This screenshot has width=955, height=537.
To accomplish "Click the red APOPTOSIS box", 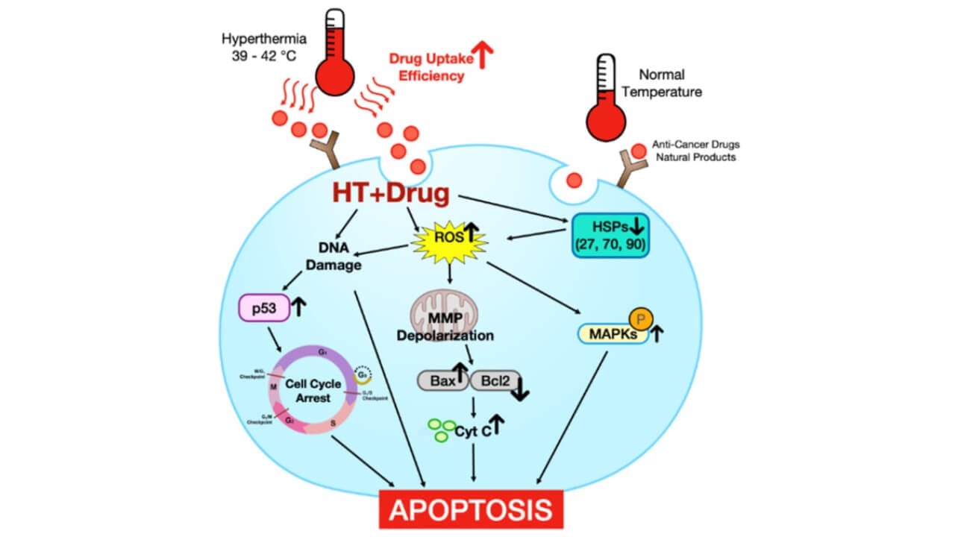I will (472, 510).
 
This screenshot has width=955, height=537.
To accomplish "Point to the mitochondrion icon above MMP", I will (448, 307).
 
